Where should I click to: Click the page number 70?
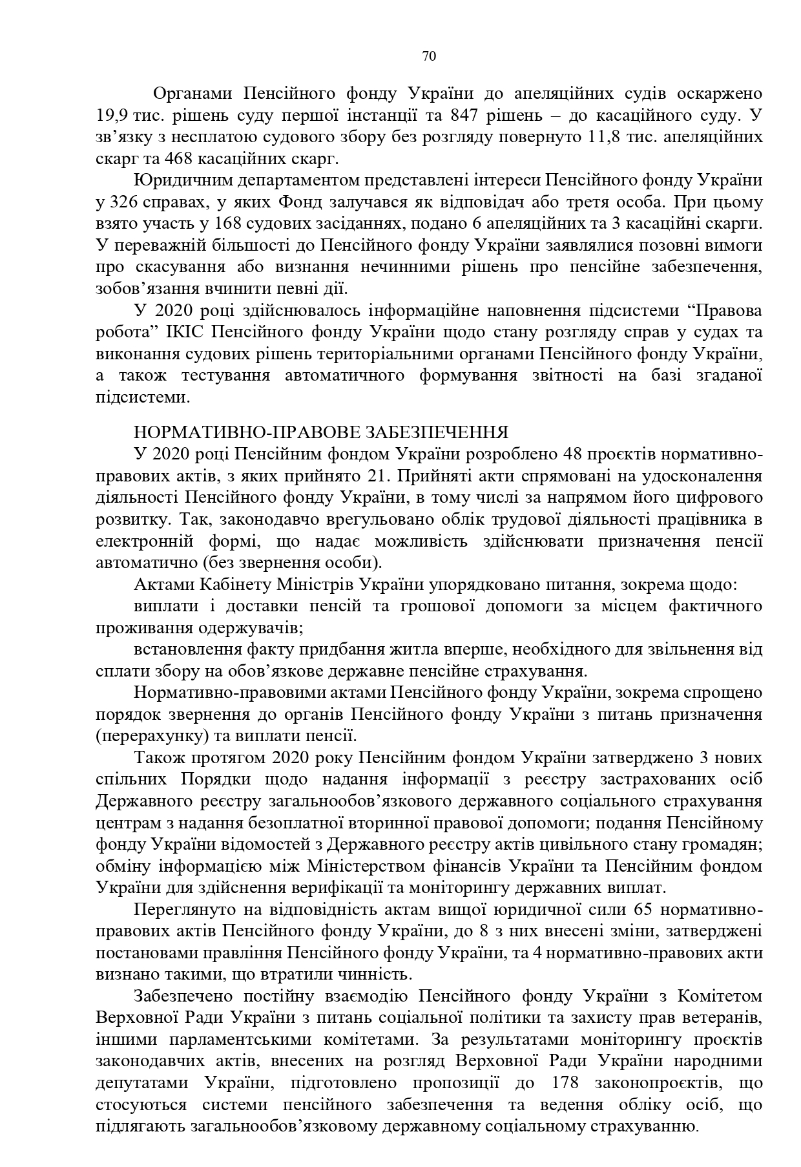[429, 56]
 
